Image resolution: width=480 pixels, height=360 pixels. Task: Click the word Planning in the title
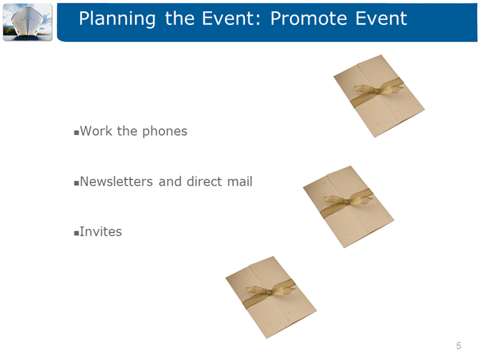pyautogui.click(x=117, y=19)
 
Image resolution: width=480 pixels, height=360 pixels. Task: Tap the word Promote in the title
pyautogui.click(x=309, y=19)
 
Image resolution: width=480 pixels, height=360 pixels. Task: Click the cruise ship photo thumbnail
pyautogui.click(x=28, y=22)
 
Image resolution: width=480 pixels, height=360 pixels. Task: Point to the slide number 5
pyautogui.click(x=459, y=346)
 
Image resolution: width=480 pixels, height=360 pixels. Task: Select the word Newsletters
pyautogui.click(x=116, y=181)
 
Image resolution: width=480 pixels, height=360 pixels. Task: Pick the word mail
pyautogui.click(x=240, y=181)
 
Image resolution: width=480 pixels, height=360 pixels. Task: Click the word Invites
pyautogui.click(x=101, y=231)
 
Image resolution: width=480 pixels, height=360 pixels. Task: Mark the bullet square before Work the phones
pyautogui.click(x=76, y=133)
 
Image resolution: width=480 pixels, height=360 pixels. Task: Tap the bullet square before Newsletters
pyautogui.click(x=76, y=184)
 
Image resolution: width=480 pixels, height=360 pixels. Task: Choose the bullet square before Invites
pyautogui.click(x=76, y=234)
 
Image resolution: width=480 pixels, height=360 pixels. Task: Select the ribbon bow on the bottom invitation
pyautogui.click(x=270, y=291)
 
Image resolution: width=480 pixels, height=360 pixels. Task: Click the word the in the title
pyautogui.click(x=180, y=19)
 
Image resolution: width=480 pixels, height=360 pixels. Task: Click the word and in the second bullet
pyautogui.click(x=170, y=181)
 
